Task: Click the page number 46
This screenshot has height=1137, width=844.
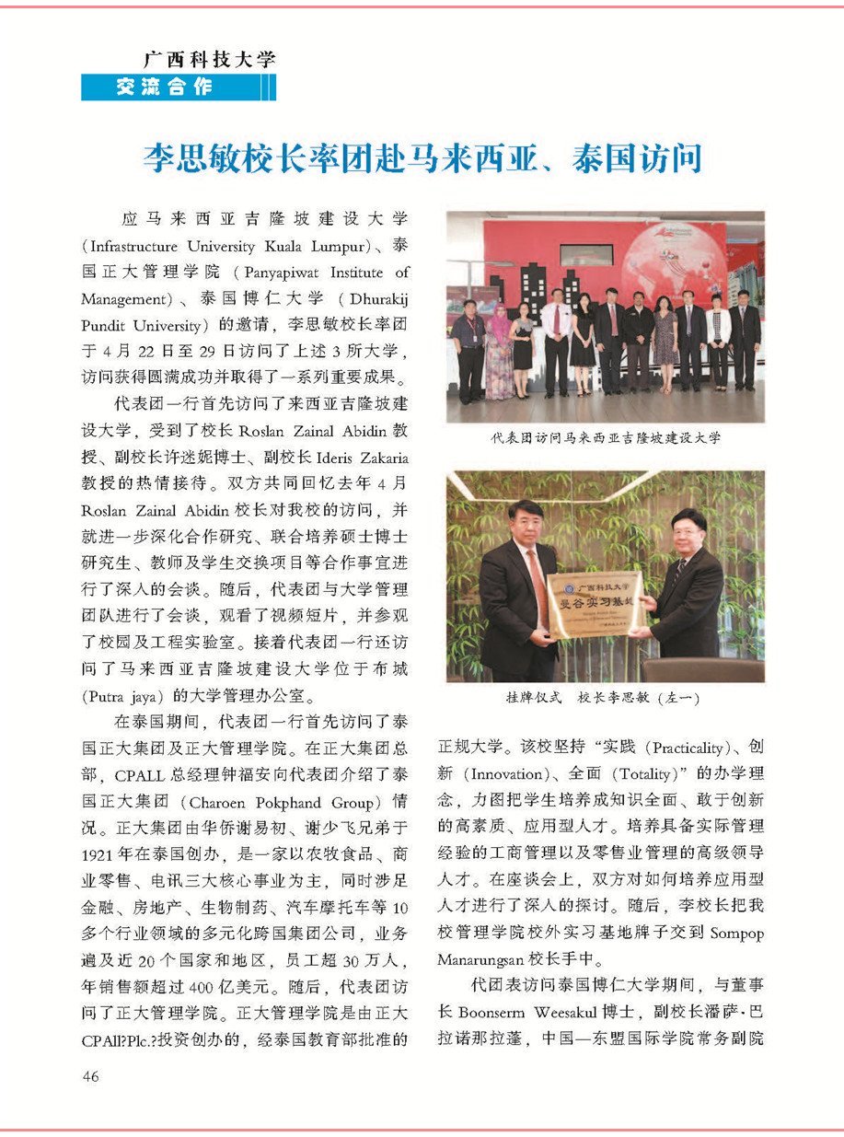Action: click(x=90, y=1076)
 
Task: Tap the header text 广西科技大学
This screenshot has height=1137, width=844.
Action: click(x=209, y=61)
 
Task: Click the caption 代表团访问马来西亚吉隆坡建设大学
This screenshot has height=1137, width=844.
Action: click(x=606, y=438)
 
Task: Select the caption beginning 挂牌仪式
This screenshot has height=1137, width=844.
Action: click(x=604, y=699)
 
